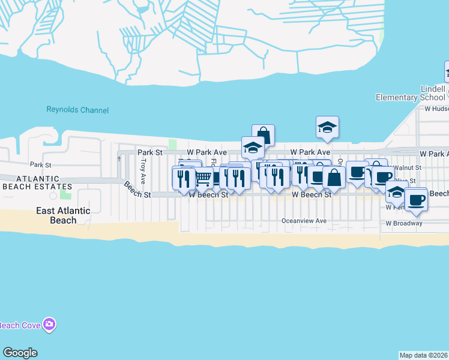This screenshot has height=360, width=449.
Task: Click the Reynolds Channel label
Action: click(78, 110)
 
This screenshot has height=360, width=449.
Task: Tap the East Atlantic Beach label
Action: click(63, 215)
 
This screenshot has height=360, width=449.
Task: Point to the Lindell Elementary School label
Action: click(411, 93)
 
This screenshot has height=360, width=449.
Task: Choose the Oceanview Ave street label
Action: click(304, 221)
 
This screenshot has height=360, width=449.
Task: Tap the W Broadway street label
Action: click(404, 223)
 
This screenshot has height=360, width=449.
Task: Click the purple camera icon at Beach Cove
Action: click(49, 325)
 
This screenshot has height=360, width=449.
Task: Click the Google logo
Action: click(20, 353)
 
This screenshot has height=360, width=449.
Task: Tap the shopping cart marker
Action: click(204, 178)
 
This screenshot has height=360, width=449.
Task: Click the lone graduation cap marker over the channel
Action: click(327, 127)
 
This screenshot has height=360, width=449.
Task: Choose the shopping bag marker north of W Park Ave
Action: click(263, 134)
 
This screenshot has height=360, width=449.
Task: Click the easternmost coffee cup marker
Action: click(415, 200)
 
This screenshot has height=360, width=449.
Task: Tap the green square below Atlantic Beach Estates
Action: click(65, 196)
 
